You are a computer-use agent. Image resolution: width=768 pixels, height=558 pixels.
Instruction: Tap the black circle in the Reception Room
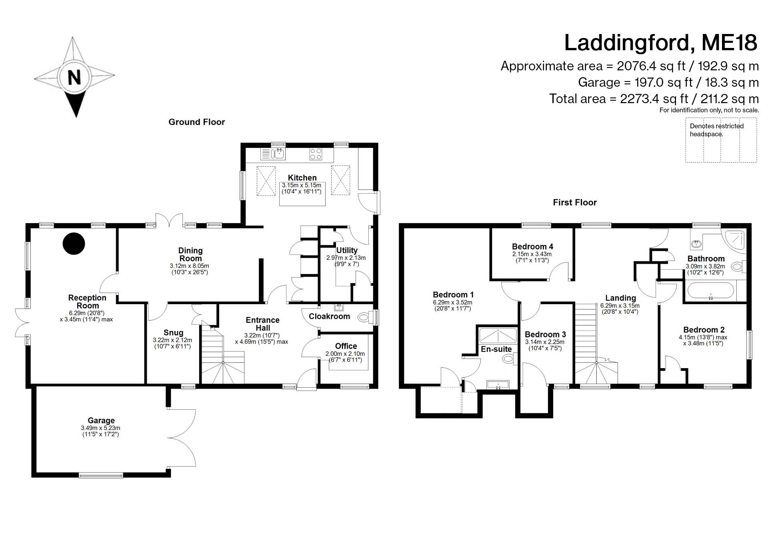tap(74, 243)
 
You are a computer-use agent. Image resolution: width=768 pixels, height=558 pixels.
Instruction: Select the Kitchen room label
tap(302, 178)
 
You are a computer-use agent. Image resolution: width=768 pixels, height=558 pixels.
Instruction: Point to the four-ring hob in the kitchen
tap(316, 154)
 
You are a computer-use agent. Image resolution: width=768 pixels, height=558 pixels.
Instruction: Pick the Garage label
tap(101, 420)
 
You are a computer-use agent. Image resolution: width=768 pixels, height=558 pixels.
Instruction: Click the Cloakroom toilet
tap(364, 318)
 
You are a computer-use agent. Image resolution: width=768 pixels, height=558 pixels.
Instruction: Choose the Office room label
tap(346, 346)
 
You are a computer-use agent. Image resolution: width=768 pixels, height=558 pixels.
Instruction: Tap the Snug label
tap(173, 333)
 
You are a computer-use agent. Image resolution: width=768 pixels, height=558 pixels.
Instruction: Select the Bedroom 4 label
tap(532, 247)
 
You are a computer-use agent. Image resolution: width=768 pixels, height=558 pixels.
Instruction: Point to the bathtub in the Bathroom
tap(710, 291)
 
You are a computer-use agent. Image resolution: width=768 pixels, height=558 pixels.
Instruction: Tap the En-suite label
tap(496, 349)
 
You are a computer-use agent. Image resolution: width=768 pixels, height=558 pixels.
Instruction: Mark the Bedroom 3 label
tap(545, 334)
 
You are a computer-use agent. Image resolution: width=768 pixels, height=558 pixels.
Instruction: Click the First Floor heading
tap(574, 203)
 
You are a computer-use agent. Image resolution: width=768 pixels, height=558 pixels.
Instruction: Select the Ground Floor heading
tap(196, 122)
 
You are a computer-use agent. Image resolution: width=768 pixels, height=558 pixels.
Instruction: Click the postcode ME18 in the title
tap(729, 43)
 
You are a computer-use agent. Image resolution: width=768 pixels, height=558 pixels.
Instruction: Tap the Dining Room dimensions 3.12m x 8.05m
tap(189, 266)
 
